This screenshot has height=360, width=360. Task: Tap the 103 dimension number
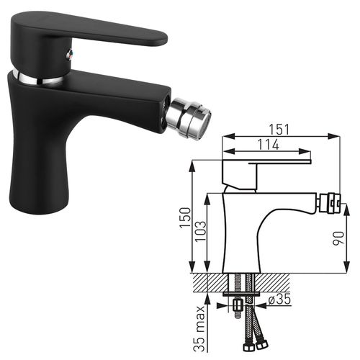click(x=204, y=230)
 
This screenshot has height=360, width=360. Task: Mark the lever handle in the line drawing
click(x=266, y=161)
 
